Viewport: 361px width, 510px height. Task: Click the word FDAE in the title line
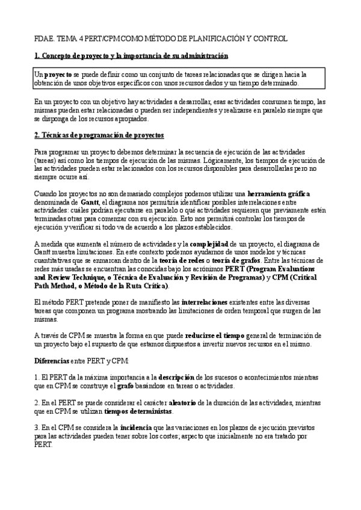(43, 38)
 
